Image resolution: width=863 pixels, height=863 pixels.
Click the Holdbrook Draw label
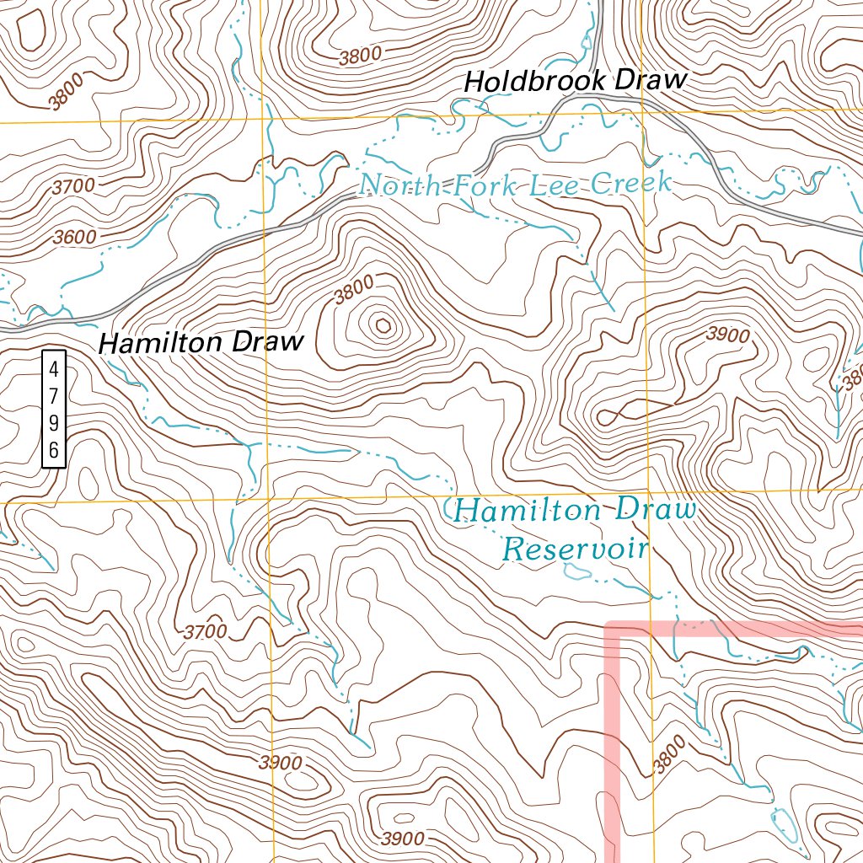576,81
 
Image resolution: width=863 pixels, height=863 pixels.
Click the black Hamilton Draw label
201,343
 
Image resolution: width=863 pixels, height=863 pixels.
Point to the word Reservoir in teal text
575,549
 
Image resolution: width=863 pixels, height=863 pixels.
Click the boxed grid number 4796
53,409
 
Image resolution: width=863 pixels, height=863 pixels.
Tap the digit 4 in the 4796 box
53,369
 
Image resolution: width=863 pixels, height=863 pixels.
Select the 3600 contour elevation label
74,238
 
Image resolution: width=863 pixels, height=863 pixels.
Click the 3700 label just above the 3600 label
72,187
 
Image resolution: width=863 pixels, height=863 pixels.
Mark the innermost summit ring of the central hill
383,324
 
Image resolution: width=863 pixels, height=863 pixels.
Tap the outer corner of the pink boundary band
612,628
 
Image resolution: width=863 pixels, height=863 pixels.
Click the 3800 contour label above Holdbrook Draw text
361,56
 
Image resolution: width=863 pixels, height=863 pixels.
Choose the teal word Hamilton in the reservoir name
527,510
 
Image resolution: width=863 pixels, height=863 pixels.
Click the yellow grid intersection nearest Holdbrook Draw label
642,110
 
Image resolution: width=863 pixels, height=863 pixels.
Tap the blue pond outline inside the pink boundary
782,823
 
